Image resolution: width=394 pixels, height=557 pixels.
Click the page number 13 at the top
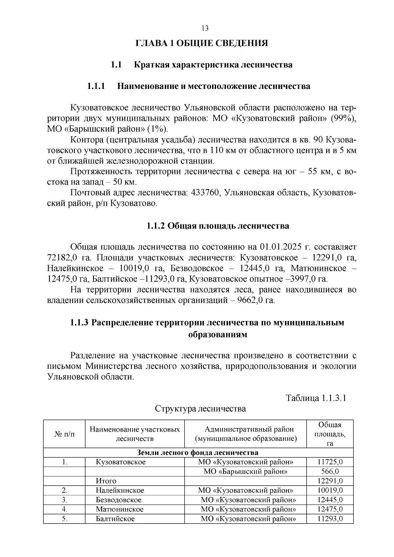205,28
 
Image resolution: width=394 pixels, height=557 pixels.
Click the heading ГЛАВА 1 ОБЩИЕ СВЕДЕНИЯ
202,43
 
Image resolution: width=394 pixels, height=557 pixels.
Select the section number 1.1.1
96,86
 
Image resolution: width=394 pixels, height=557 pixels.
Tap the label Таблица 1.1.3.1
316,398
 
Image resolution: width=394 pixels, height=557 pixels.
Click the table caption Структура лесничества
200,409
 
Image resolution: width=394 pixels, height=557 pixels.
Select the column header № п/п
64,434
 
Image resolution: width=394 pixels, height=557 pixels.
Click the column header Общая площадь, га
330,434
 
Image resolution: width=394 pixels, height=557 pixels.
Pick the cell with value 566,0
330,472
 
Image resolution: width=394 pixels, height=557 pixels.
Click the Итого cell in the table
106,481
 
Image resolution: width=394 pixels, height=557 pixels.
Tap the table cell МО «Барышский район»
245,472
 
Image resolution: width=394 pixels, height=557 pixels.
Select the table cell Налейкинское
120,490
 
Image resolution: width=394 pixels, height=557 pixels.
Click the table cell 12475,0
330,509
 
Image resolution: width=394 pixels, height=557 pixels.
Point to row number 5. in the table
64,519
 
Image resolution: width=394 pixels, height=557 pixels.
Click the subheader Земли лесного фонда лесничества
198,453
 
